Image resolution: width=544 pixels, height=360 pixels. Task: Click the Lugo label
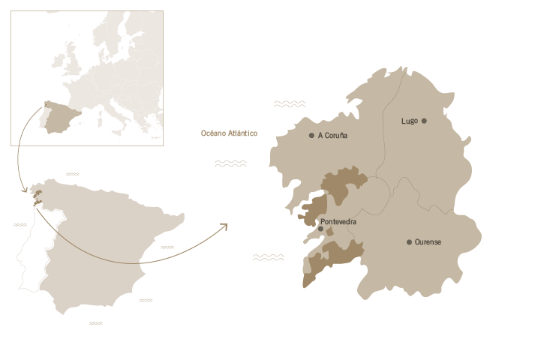[409, 121]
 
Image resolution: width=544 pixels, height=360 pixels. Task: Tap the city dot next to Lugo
[424, 121]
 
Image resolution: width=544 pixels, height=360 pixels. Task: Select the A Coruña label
[332, 136]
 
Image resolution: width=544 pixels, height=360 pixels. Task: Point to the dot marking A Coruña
[311, 136]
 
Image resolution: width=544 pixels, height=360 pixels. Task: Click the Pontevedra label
[338, 222]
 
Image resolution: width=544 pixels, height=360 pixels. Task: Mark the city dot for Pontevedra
[320, 229]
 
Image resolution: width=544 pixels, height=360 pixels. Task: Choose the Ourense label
[428, 242]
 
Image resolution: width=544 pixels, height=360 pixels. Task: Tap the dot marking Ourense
[409, 242]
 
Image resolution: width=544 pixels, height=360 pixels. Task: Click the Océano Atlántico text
[229, 133]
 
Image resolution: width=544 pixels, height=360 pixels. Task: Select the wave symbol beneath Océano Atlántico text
[231, 163]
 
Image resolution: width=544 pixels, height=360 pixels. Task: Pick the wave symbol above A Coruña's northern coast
[290, 103]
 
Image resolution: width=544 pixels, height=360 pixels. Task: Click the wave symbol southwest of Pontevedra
[268, 257]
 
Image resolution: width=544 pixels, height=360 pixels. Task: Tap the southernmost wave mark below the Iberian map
[95, 323]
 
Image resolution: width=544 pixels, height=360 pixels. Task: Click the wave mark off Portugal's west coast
[20, 224]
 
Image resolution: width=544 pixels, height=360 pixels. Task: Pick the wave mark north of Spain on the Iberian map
[72, 174]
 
